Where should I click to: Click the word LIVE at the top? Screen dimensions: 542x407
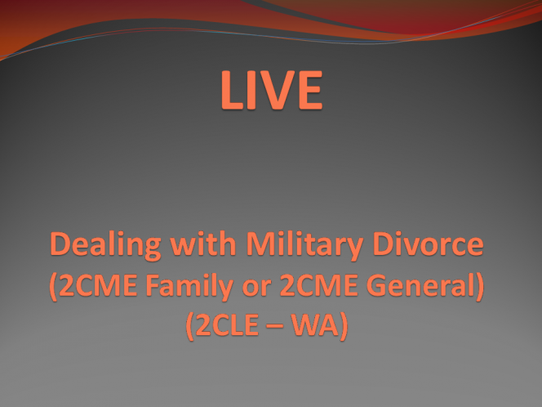click(x=272, y=90)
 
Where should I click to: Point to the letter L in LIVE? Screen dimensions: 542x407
click(x=232, y=90)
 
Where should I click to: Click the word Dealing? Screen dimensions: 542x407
click(x=106, y=246)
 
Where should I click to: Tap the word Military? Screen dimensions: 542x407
click(x=304, y=246)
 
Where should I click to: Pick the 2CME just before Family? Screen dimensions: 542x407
click(x=98, y=285)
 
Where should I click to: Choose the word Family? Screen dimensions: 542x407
click(x=189, y=287)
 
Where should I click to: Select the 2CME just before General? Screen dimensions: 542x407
click(x=318, y=285)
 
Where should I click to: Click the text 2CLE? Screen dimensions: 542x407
click(x=228, y=325)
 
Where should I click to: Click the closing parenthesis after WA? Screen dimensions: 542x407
click(x=344, y=326)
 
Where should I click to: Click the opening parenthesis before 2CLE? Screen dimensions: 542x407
click(x=190, y=326)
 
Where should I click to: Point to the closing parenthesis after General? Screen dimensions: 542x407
click(x=480, y=287)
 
